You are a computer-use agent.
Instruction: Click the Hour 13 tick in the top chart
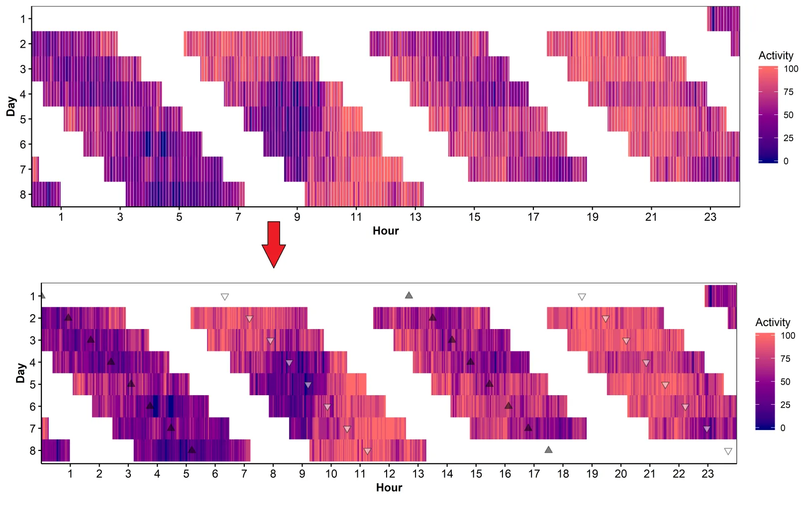coord(415,217)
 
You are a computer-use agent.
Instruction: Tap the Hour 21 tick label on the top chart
coord(651,217)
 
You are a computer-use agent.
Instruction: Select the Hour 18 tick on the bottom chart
coord(563,474)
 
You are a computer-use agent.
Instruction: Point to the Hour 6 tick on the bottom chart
coord(215,474)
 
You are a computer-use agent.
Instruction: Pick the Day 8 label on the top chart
coord(22,194)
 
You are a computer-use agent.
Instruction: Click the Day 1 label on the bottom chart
coord(33,296)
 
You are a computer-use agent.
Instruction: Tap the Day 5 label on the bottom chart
coord(33,384)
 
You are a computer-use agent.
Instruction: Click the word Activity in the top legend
coord(776,56)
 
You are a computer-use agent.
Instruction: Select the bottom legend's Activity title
coord(773,322)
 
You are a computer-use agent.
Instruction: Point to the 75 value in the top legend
coord(788,92)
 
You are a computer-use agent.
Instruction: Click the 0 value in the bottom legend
coord(783,428)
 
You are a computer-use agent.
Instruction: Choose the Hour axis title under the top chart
coord(386,231)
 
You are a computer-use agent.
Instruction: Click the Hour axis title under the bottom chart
coord(389,488)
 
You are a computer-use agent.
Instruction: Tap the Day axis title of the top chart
coord(11,106)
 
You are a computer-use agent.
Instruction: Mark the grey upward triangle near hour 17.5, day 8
coord(548,450)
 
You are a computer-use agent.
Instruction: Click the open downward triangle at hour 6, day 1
coord(225,297)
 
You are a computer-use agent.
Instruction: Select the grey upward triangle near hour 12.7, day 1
coord(409,295)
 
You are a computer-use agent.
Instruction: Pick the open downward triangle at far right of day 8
coord(728,451)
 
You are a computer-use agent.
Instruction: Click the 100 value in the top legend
coord(791,69)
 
